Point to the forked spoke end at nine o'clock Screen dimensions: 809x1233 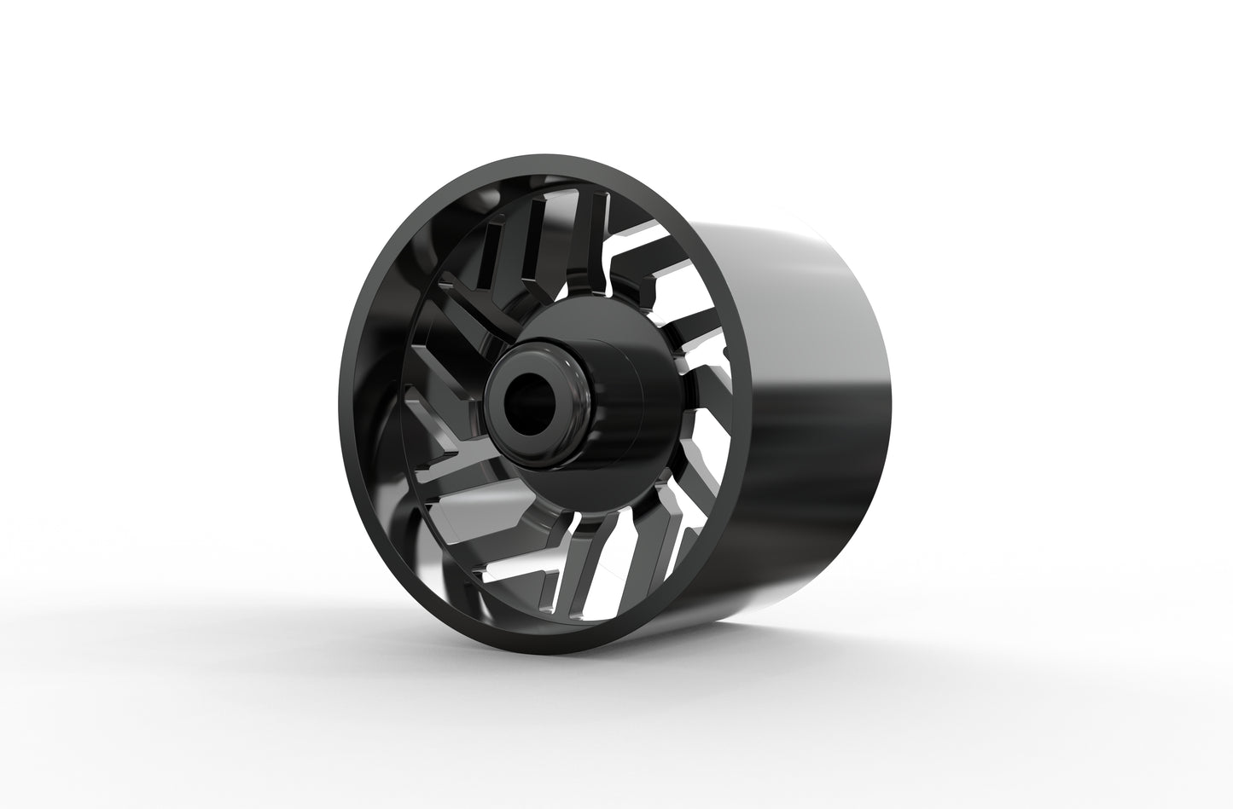click(427, 418)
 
